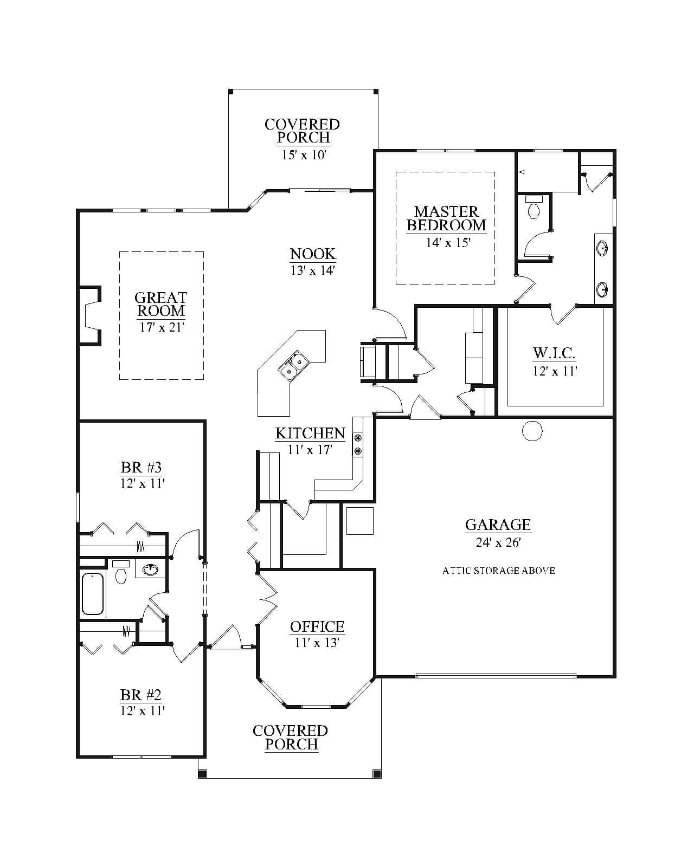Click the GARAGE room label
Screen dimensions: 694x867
coord(498,525)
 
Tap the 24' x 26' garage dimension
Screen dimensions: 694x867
coord(498,542)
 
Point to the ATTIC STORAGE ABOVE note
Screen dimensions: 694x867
coord(499,571)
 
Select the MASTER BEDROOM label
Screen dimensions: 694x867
coord(446,218)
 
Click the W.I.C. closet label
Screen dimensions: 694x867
coord(554,353)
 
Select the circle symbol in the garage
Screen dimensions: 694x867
coord(532,431)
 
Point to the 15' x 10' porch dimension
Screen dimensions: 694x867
coord(303,155)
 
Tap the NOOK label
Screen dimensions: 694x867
coord(313,254)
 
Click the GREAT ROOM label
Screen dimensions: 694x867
coord(161,304)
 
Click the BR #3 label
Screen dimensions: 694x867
coord(141,467)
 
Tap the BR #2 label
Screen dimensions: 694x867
coord(141,695)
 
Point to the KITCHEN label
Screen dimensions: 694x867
coord(310,433)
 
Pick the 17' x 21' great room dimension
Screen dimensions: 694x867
coord(162,327)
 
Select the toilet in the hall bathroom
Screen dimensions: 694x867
coord(120,573)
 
